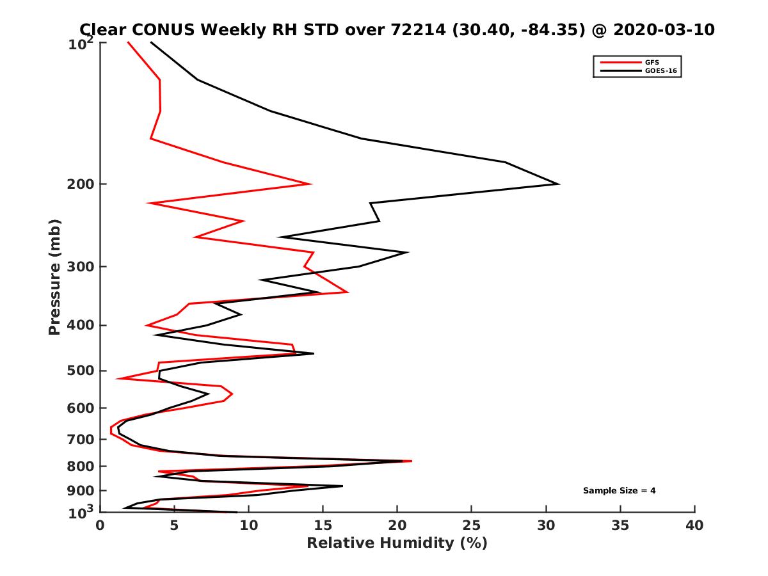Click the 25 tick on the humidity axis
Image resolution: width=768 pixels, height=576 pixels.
point(472,525)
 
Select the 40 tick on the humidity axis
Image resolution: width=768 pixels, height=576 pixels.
point(694,525)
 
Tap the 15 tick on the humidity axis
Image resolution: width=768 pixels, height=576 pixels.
point(323,525)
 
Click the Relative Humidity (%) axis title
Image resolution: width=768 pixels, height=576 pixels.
point(397,543)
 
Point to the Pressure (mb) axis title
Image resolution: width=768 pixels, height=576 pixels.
point(54,276)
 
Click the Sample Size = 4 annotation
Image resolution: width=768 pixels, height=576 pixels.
point(619,491)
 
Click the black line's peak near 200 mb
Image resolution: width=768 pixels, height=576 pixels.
point(559,184)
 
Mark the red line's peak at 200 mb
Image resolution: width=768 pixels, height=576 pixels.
point(311,184)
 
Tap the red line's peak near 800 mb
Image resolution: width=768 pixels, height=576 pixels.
point(412,461)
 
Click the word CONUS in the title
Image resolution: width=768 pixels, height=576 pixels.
point(162,29)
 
